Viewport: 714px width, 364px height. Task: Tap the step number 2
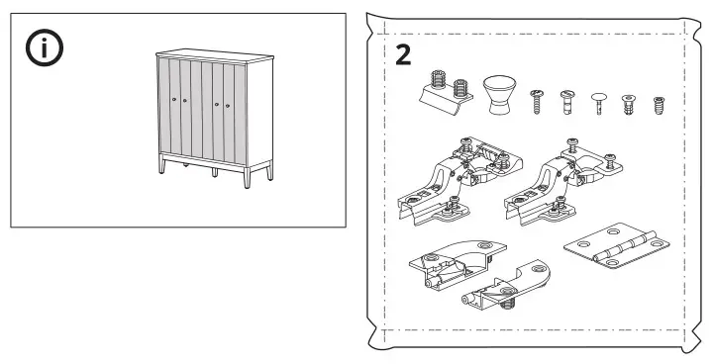(404, 53)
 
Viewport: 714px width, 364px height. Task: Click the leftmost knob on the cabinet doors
(174, 101)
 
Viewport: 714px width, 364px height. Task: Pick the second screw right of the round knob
(568, 100)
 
